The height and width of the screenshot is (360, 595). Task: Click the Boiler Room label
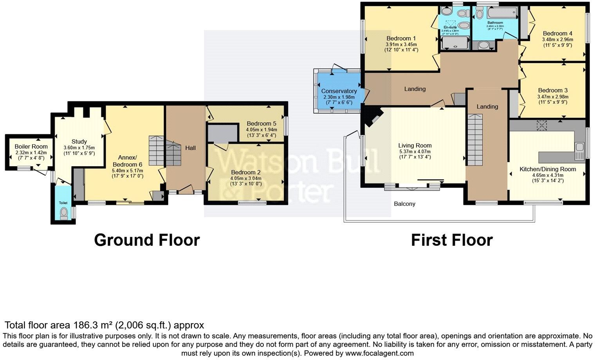click(x=31, y=147)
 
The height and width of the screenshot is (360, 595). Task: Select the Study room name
click(x=79, y=142)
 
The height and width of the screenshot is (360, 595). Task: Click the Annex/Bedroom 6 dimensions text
click(x=128, y=171)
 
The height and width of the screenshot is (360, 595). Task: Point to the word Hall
click(x=190, y=148)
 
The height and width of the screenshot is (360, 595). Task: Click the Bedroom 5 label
click(x=261, y=124)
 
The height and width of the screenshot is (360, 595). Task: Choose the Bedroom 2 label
click(x=246, y=172)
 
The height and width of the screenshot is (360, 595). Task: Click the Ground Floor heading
click(x=147, y=240)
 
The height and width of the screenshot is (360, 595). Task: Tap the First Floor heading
click(x=452, y=240)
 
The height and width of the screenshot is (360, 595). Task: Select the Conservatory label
click(x=339, y=91)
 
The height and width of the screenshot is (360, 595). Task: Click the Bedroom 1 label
click(x=401, y=38)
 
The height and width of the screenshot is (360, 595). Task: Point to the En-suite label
click(x=450, y=27)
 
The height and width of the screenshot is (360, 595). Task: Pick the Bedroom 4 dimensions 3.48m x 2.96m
click(x=557, y=40)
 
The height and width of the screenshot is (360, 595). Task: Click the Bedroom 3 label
click(x=553, y=90)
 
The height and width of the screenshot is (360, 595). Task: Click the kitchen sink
click(x=579, y=148)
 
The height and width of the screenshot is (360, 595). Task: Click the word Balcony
click(x=404, y=204)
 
